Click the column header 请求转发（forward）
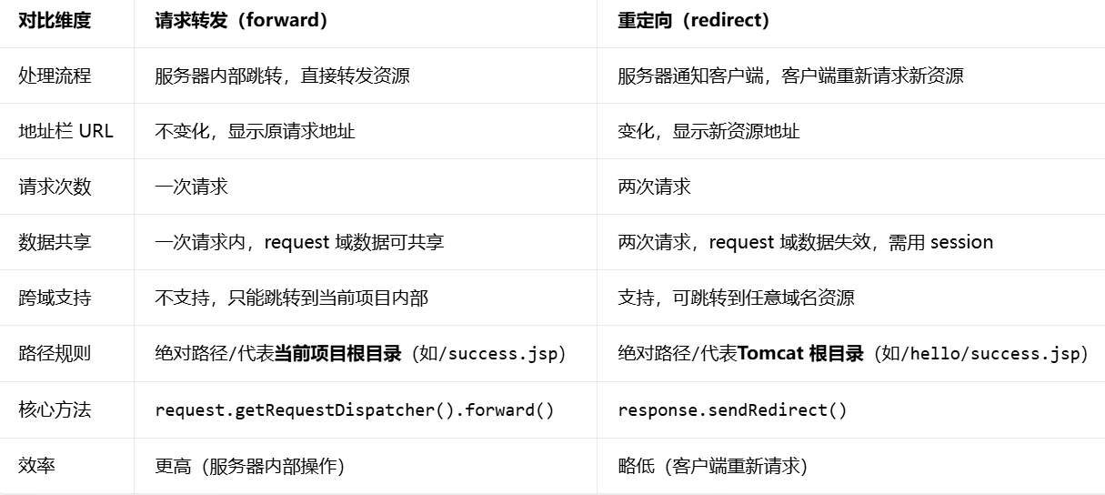(241, 21)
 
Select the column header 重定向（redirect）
(694, 21)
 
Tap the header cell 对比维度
(55, 21)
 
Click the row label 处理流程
(55, 76)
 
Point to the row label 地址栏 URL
(65, 131)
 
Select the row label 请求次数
(55, 187)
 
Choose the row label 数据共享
(55, 242)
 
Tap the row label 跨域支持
(55, 298)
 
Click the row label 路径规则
(55, 353)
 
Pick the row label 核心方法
(55, 409)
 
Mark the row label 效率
(36, 465)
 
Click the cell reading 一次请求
(191, 187)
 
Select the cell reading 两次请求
(654, 187)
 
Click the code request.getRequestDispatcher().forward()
(355, 410)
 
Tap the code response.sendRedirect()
(732, 410)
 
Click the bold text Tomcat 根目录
(800, 353)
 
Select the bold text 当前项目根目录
(338, 353)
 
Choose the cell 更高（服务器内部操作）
(249, 466)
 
